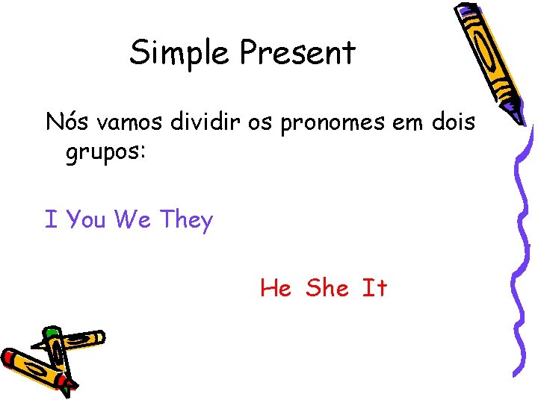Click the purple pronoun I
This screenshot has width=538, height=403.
click(51, 220)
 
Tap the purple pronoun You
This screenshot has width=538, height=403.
click(86, 220)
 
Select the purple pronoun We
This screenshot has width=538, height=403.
click(134, 220)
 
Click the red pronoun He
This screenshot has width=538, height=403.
click(276, 288)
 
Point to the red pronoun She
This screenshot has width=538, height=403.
click(327, 288)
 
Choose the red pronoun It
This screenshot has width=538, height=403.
click(374, 288)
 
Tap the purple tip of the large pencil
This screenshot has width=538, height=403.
click(516, 111)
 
